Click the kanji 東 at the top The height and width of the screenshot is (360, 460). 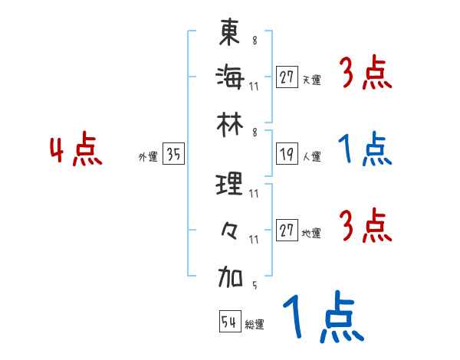[230, 32]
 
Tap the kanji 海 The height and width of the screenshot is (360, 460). [230, 77]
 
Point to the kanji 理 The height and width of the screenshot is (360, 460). [230, 185]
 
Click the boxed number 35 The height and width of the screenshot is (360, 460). [173, 155]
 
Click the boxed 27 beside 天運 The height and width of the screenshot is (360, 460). [287, 77]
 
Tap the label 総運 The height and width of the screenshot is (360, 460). [255, 325]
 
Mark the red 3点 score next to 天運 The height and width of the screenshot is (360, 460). [365, 74]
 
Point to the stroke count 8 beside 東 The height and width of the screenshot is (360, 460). [254, 41]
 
